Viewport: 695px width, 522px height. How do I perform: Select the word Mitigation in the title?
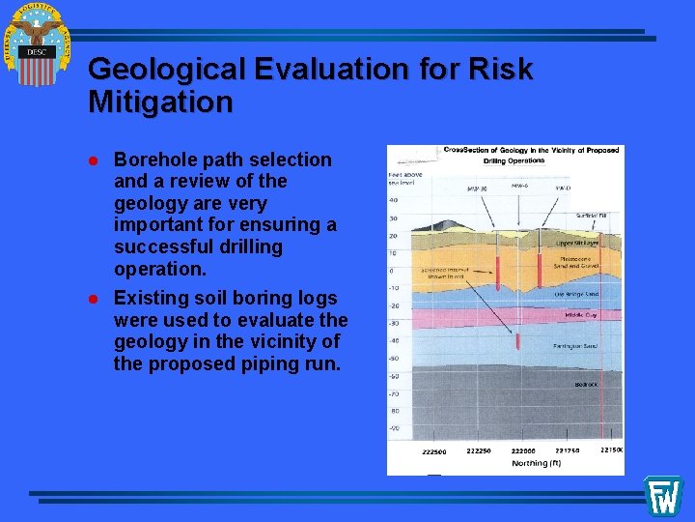point(160,101)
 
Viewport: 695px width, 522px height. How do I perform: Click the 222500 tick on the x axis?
point(434,452)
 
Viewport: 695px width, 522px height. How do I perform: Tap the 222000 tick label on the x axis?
point(522,450)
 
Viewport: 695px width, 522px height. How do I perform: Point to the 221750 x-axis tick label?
point(569,450)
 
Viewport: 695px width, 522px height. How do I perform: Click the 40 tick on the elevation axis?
point(393,200)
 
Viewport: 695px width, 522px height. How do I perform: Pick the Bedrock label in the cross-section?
point(586,384)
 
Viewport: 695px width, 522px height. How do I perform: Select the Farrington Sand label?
point(575,345)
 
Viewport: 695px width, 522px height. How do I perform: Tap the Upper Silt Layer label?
point(577,244)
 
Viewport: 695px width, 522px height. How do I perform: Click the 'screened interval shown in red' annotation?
point(441,275)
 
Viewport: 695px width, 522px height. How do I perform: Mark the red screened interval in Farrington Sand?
point(518,340)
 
